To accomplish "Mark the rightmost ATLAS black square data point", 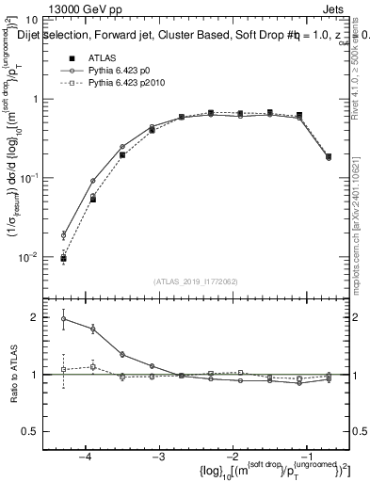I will click(x=329, y=156).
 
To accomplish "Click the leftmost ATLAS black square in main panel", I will click(x=63, y=258).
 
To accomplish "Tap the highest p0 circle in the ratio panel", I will click(x=63, y=319).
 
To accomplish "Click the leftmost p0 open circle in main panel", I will click(x=63, y=234).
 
